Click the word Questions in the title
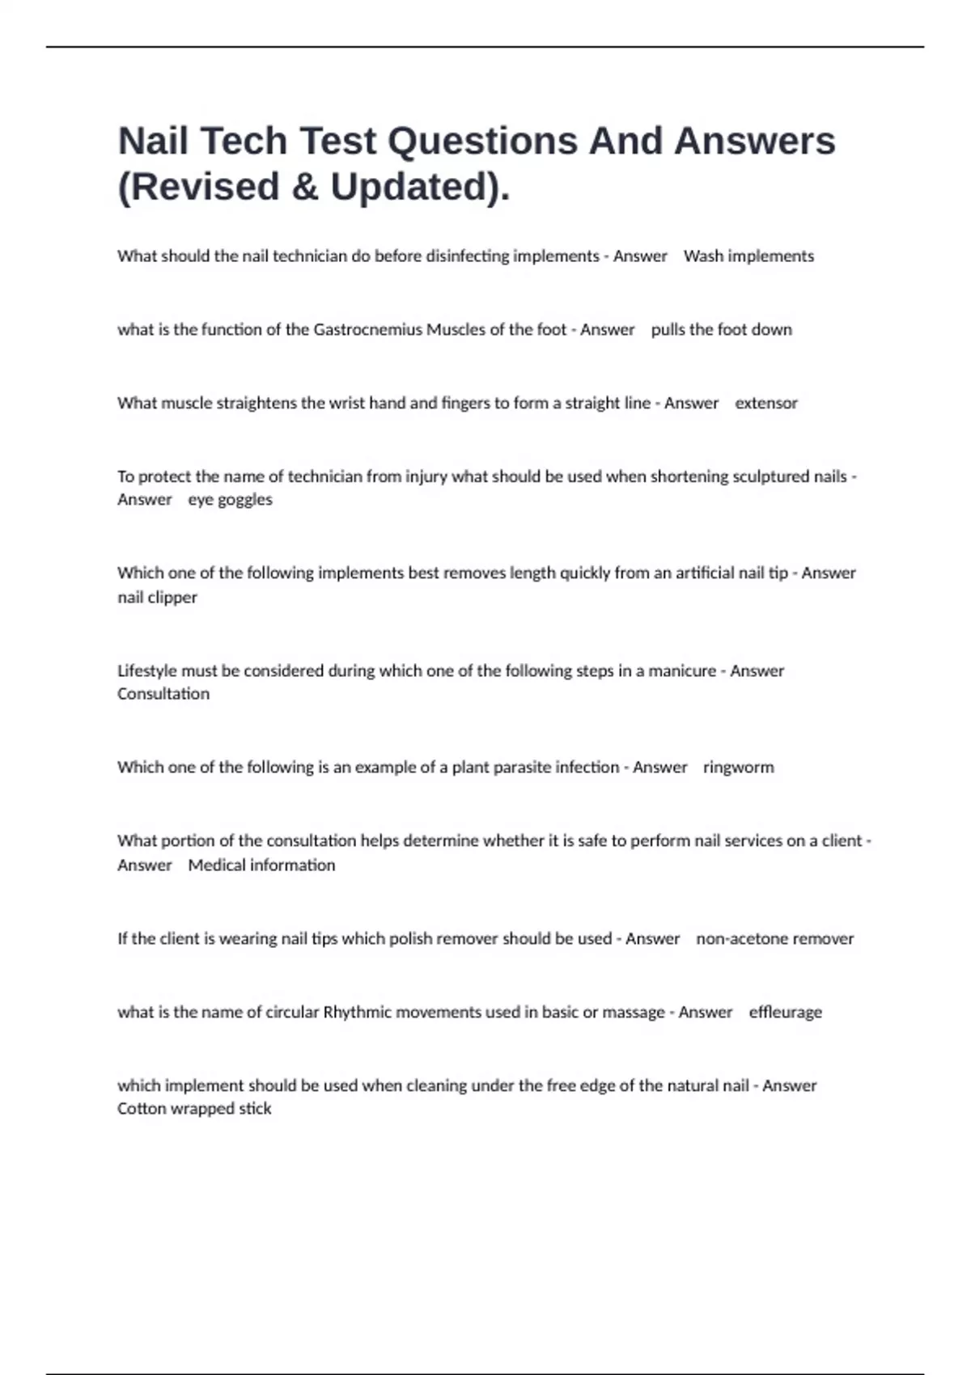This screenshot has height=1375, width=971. click(482, 142)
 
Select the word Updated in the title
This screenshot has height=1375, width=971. click(413, 188)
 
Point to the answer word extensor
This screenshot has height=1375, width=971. click(765, 404)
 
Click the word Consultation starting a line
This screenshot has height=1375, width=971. click(163, 694)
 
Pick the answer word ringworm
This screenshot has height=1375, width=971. click(738, 768)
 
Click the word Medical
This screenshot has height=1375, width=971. click(217, 865)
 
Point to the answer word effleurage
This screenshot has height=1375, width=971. click(785, 1013)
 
